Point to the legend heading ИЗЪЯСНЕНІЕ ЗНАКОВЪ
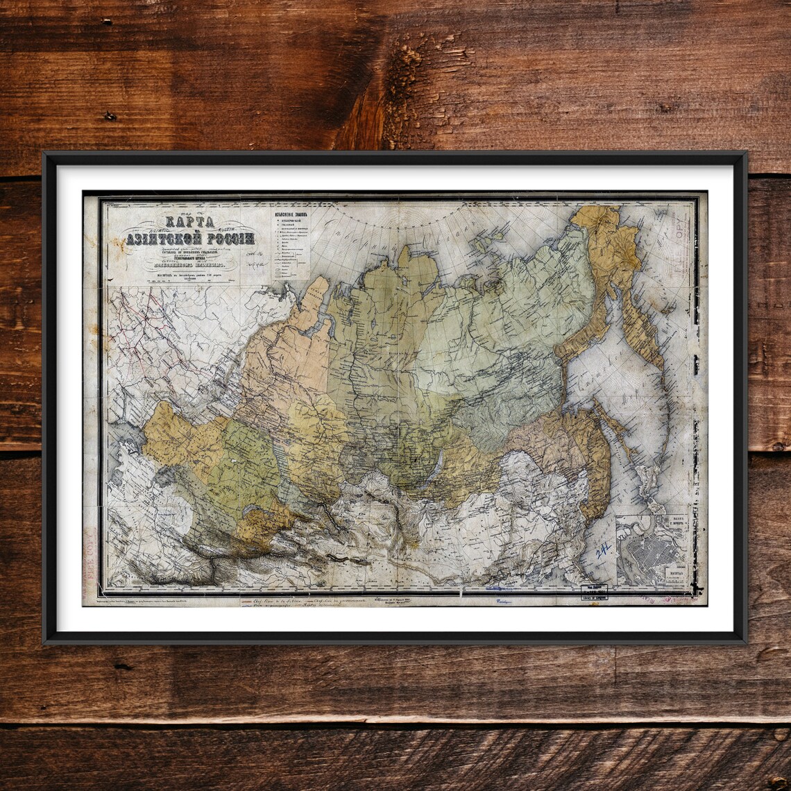pos(291,215)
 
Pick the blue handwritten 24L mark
pos(603,551)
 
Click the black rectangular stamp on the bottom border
pos(593,592)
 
